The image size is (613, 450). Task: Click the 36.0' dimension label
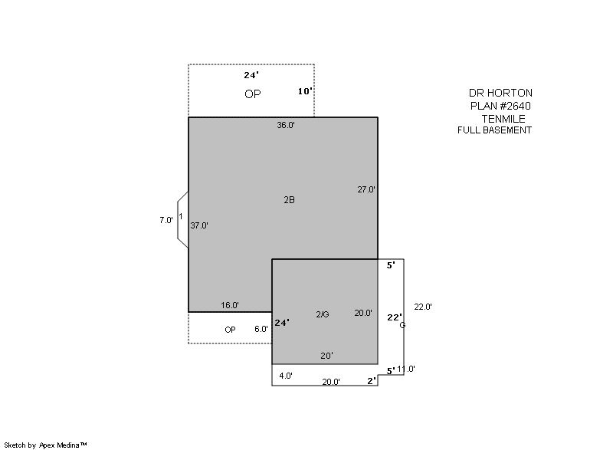[286, 125]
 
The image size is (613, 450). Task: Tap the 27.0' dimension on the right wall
[366, 189]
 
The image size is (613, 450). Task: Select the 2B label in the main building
[290, 200]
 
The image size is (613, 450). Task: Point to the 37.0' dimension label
[199, 225]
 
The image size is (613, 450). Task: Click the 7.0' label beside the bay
[166, 220]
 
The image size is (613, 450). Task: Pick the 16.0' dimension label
[230, 305]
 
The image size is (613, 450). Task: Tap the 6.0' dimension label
[261, 329]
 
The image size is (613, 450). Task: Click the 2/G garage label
[323, 314]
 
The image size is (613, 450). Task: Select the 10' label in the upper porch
[305, 91]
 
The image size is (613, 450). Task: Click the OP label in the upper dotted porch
[253, 94]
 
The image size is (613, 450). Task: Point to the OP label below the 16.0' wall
[231, 330]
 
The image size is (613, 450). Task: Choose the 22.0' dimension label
[423, 307]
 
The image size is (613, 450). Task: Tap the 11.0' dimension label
[406, 369]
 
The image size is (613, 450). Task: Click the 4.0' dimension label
[286, 376]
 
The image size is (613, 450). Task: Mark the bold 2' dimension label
[372, 381]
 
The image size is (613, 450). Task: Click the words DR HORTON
[501, 93]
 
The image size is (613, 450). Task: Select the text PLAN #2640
[501, 106]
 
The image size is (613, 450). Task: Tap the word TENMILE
[503, 119]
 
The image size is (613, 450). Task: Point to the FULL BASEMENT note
[494, 130]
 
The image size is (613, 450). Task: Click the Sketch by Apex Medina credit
[46, 445]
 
